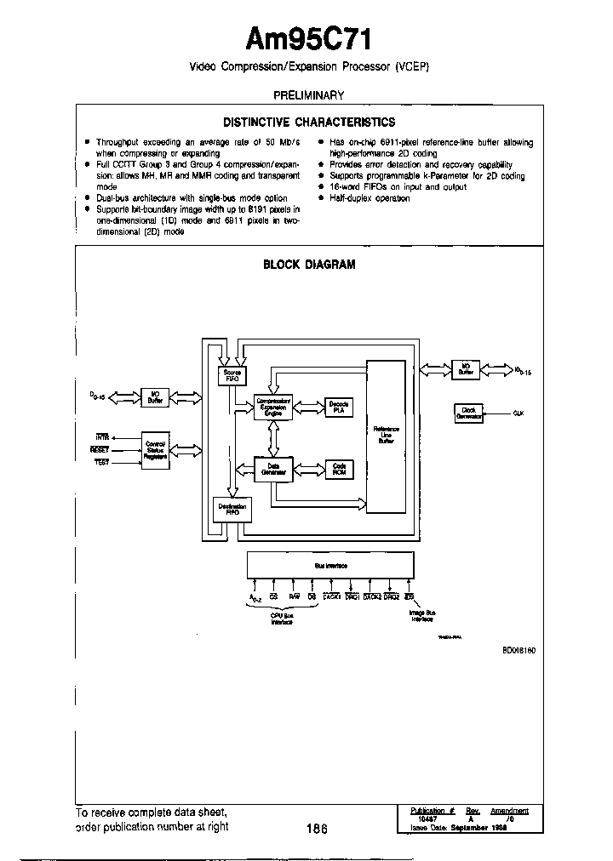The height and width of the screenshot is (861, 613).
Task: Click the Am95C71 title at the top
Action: pos(308,39)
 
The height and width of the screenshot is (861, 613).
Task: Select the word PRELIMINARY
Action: pos(308,96)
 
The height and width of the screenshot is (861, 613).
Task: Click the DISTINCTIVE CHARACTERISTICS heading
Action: pos(308,123)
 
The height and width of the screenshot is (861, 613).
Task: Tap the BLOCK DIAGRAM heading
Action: pos(308,265)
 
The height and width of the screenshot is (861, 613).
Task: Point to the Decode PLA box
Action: pos(339,407)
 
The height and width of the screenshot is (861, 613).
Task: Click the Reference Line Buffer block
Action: pos(386,436)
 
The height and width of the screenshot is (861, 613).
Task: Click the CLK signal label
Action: pos(517,413)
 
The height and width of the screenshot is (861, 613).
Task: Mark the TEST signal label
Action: pos(100,460)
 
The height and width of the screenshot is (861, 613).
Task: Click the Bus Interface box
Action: pos(329,565)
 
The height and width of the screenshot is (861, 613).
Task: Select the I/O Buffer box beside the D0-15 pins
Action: pos(155,397)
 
